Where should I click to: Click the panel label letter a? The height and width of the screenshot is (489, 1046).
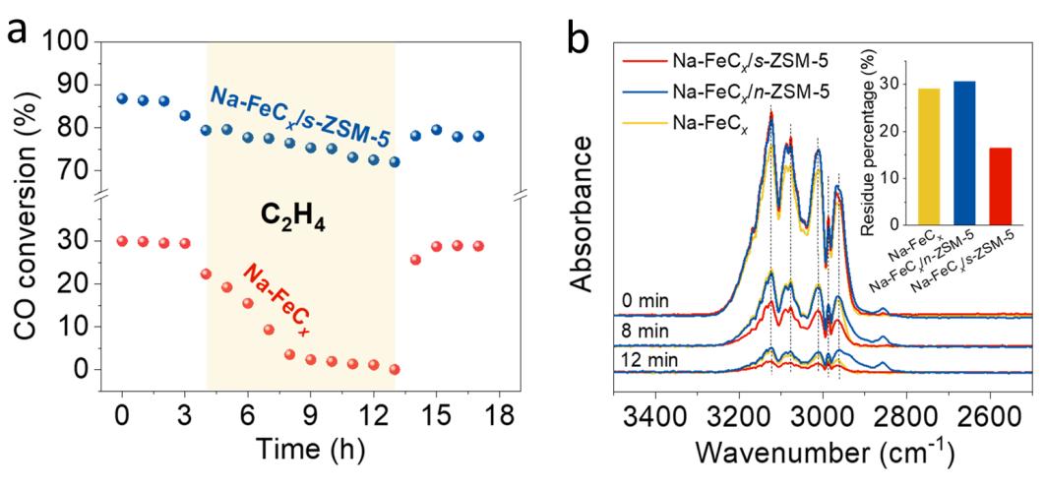17,29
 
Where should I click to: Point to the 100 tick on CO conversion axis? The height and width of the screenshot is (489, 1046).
73,42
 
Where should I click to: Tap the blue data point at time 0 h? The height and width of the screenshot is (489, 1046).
122,98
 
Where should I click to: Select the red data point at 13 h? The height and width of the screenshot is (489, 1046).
395,369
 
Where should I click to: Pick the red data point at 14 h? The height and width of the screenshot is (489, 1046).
415,260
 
